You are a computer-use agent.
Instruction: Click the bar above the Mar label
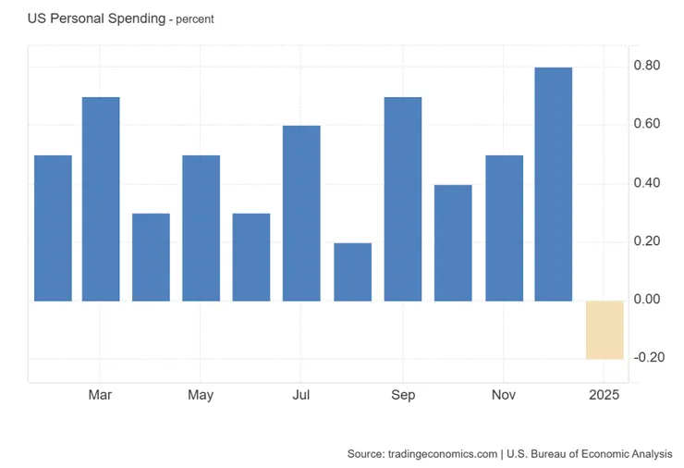[101, 199]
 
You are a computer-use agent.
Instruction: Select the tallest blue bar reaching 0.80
[554, 184]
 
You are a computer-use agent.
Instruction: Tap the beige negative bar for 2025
[605, 329]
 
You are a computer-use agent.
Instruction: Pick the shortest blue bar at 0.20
[352, 272]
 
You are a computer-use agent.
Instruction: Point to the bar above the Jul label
[301, 213]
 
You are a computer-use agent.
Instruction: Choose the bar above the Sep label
[403, 199]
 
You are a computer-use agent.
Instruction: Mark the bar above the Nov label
[504, 228]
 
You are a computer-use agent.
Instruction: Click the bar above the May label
[201, 228]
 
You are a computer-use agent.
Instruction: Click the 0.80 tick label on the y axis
[647, 66]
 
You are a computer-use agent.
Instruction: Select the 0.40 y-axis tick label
[647, 183]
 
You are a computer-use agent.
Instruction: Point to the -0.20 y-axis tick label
[645, 358]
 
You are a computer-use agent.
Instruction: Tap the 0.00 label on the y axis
[647, 300]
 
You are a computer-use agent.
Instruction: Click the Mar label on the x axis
[101, 395]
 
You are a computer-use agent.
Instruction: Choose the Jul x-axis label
[301, 395]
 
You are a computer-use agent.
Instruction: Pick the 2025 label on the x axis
[605, 395]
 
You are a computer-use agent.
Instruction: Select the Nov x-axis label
[504, 395]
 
